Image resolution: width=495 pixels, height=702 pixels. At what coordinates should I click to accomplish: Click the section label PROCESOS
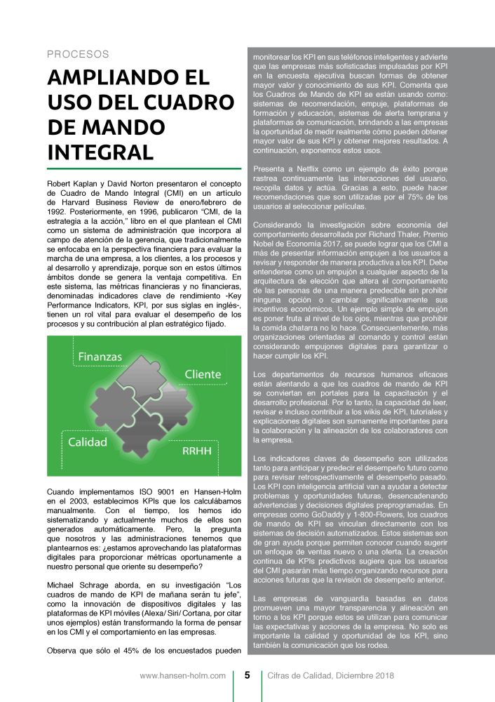(x=78, y=54)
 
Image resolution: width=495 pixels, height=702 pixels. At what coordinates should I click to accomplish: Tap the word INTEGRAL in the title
(x=100, y=152)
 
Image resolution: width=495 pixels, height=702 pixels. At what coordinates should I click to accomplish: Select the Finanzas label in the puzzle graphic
(x=99, y=357)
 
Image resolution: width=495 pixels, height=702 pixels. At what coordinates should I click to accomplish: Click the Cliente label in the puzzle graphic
(x=203, y=374)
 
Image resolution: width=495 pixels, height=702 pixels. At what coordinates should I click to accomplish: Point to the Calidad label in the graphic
(x=88, y=442)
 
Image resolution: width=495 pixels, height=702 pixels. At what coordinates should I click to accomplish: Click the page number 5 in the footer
(x=247, y=676)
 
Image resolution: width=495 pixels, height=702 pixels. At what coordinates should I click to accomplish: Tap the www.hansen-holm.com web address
(x=182, y=676)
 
